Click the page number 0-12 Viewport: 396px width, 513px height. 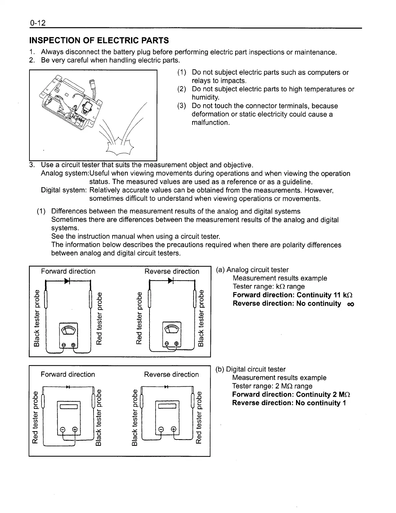point(38,23)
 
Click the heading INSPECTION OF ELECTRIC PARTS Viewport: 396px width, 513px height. point(99,40)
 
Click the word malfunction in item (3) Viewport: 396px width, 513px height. point(210,122)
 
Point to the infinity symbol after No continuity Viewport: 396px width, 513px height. point(350,304)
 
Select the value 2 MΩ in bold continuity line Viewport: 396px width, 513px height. point(342,394)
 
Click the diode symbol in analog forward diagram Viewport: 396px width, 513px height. point(68,280)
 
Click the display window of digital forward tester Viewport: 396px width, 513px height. point(68,407)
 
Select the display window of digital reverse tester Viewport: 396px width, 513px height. point(167,407)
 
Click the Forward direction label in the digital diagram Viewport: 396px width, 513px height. point(68,374)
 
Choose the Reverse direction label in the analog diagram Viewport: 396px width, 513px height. point(172,271)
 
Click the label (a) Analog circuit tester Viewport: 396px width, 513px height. point(252,270)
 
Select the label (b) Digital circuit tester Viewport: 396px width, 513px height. point(251,369)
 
